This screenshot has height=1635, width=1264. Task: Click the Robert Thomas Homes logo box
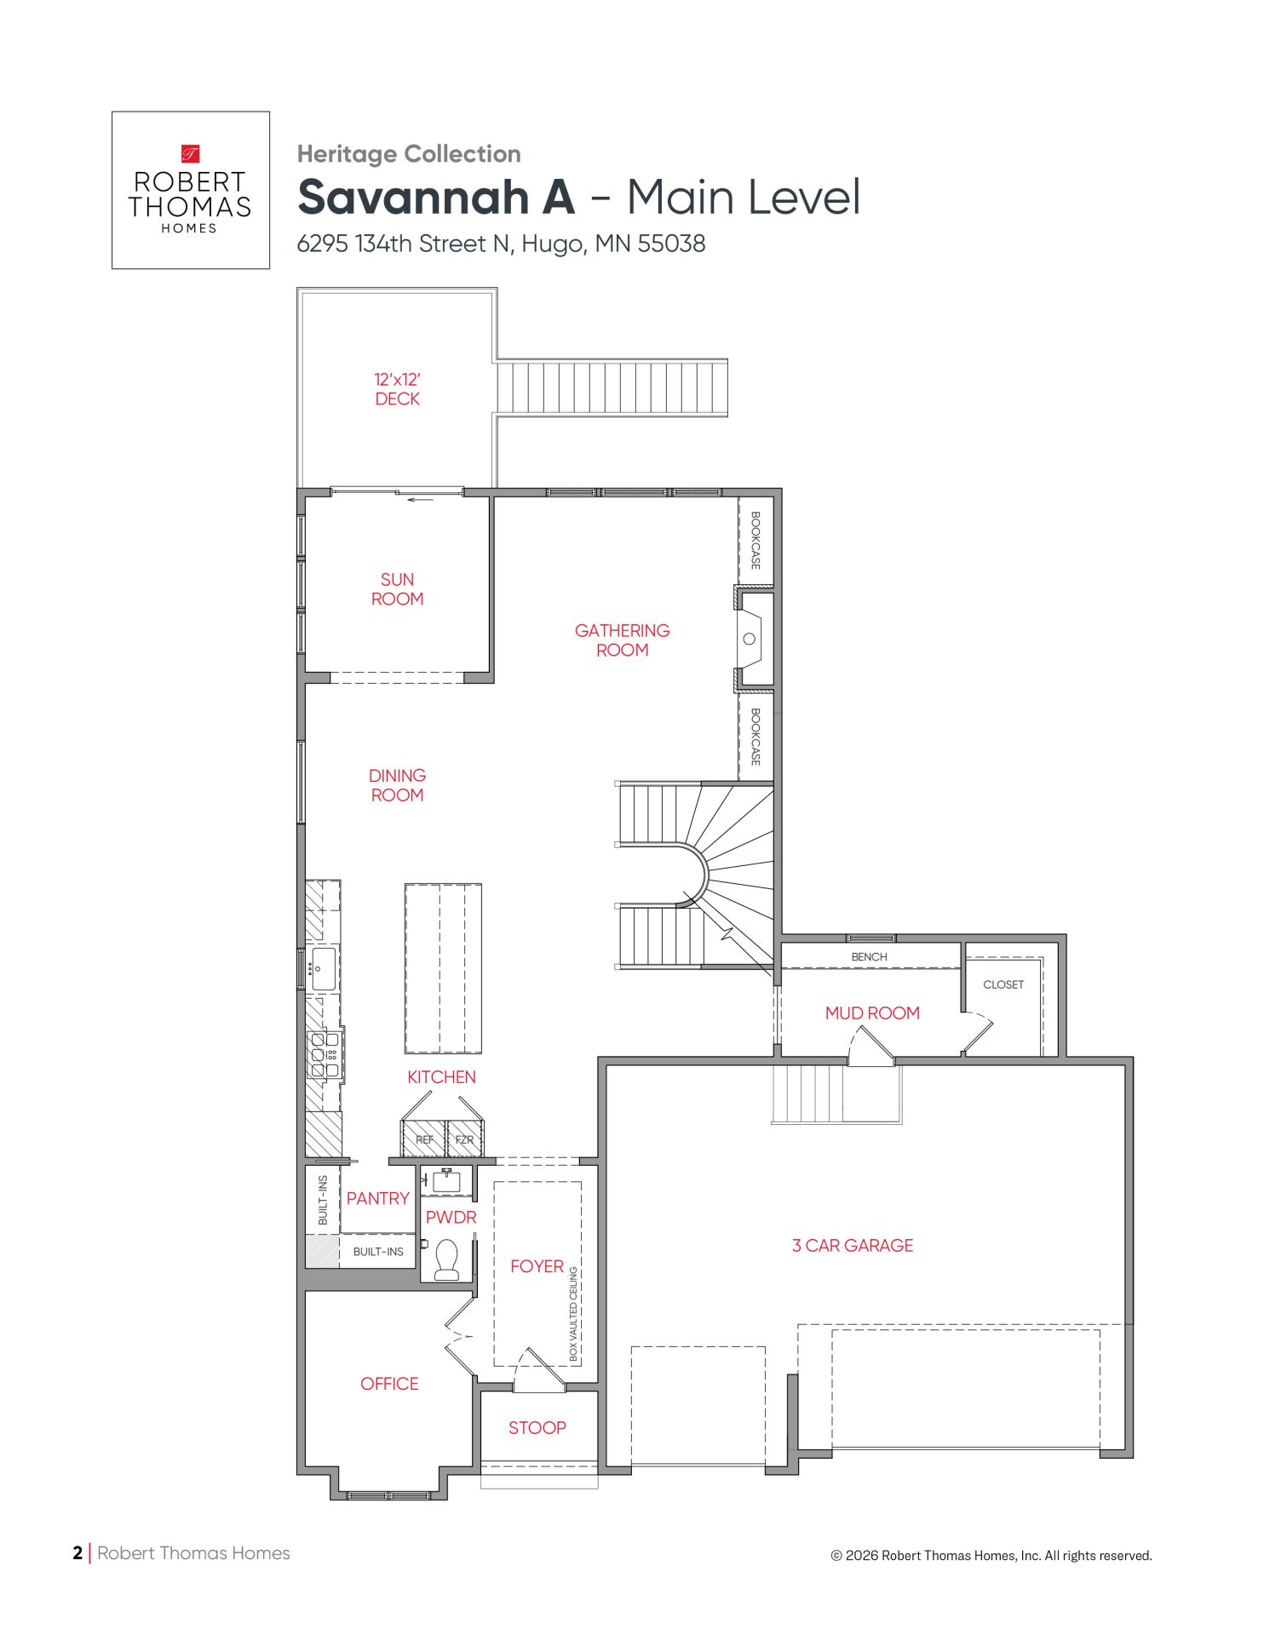pyautogui.click(x=191, y=190)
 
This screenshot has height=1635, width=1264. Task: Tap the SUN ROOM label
pyautogui.click(x=397, y=589)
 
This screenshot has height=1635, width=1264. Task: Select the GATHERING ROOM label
pyautogui.click(x=622, y=640)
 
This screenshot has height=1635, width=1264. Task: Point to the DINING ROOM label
pyautogui.click(x=397, y=785)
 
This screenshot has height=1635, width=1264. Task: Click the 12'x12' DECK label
pyautogui.click(x=397, y=389)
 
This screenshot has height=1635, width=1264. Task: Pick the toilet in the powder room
pyautogui.click(x=447, y=1259)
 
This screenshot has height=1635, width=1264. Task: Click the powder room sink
pyautogui.click(x=446, y=1180)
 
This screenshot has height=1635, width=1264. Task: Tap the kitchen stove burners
pyautogui.click(x=325, y=1054)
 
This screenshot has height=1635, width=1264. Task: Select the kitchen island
pyautogui.click(x=443, y=968)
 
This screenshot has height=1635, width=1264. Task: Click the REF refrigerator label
pyautogui.click(x=424, y=1139)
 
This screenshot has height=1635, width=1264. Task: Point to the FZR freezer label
pyautogui.click(x=464, y=1139)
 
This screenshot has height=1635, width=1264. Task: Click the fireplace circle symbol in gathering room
pyautogui.click(x=750, y=639)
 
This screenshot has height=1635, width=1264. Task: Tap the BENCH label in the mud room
pyautogui.click(x=869, y=957)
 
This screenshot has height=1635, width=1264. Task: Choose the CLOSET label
pyautogui.click(x=1003, y=984)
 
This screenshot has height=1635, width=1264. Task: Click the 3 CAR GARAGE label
pyautogui.click(x=853, y=1246)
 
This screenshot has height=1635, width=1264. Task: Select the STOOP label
pyautogui.click(x=537, y=1428)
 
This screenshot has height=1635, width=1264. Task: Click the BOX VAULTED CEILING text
pyautogui.click(x=573, y=1312)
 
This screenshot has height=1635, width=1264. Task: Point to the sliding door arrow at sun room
pyautogui.click(x=421, y=500)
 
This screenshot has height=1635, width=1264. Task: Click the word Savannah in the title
pyautogui.click(x=413, y=197)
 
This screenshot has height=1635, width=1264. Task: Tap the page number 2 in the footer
pyautogui.click(x=78, y=1553)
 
